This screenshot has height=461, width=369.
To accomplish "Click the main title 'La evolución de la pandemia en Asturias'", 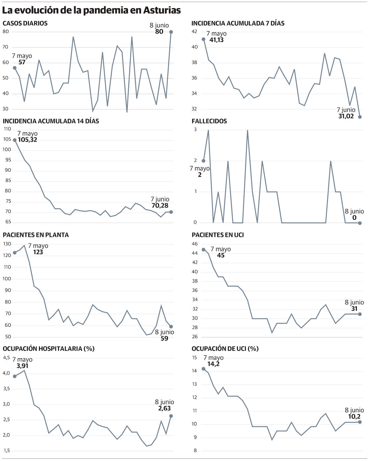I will [x=91, y=10].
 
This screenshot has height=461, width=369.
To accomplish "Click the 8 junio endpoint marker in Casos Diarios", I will [x=171, y=32].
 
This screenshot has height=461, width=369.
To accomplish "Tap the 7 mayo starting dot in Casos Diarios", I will [x=15, y=68].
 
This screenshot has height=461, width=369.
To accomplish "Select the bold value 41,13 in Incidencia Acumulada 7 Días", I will [x=217, y=40].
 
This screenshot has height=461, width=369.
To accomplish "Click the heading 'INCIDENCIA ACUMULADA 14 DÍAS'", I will [x=51, y=121].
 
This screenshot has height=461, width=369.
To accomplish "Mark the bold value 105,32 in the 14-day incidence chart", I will [x=27, y=140].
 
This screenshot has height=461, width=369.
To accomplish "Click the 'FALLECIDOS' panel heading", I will [x=209, y=121].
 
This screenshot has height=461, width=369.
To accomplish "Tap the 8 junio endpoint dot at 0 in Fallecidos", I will [x=360, y=223].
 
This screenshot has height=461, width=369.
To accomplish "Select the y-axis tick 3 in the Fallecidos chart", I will [x=195, y=130].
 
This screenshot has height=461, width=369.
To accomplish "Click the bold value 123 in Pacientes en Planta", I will [x=38, y=252].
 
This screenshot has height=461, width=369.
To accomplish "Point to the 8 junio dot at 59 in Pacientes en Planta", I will [x=171, y=326].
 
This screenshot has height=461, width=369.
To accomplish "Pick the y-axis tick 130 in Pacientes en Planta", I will [x=7, y=244].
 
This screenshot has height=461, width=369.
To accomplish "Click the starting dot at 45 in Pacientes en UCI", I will [x=203, y=250].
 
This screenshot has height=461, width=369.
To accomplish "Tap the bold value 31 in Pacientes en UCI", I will [x=354, y=309].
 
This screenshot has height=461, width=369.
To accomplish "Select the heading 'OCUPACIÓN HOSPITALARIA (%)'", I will [x=49, y=349].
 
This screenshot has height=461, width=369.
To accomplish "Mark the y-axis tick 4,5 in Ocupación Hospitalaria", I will [x=6, y=358].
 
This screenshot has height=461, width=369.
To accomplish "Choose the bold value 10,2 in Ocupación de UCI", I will [x=354, y=417].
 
